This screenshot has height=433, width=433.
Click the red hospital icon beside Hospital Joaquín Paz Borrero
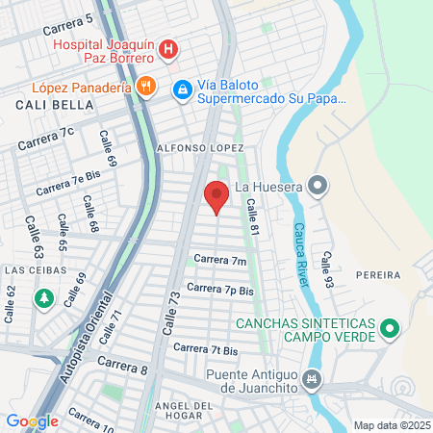[x=168, y=48]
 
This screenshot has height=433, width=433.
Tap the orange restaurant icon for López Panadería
[x=146, y=87]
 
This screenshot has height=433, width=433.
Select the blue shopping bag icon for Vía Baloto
[x=182, y=89]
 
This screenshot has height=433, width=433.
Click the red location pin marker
[x=216, y=196]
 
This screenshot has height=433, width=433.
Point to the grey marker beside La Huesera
[x=318, y=186]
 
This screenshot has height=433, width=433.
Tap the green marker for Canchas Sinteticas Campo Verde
[x=390, y=330]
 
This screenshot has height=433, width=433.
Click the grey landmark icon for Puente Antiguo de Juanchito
[x=311, y=379]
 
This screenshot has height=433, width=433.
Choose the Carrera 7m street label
[x=219, y=260]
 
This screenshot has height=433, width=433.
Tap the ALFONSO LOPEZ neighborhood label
[x=200, y=148]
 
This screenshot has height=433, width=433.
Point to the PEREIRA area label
[x=376, y=275]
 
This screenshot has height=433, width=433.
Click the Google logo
[x=32, y=421]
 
